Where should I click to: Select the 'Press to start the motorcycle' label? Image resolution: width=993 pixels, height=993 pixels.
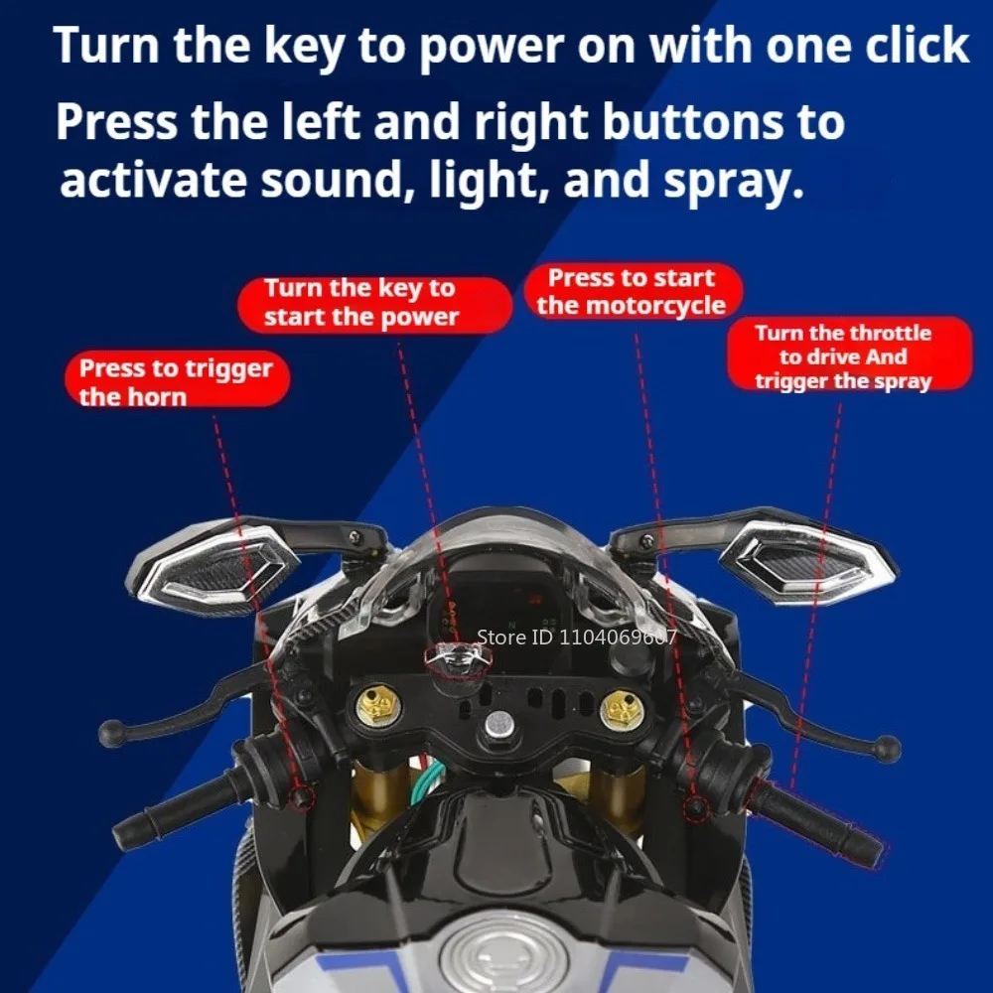[x=632, y=291]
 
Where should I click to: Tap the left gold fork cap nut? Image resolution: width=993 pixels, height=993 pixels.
[x=377, y=707]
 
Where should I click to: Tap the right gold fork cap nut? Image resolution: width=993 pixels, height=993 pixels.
[x=623, y=707]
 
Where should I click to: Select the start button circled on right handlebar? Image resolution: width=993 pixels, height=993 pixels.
[x=696, y=808]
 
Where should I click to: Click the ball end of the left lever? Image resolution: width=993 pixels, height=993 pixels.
[x=112, y=734]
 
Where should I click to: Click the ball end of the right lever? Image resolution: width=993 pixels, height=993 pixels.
[x=888, y=749]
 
